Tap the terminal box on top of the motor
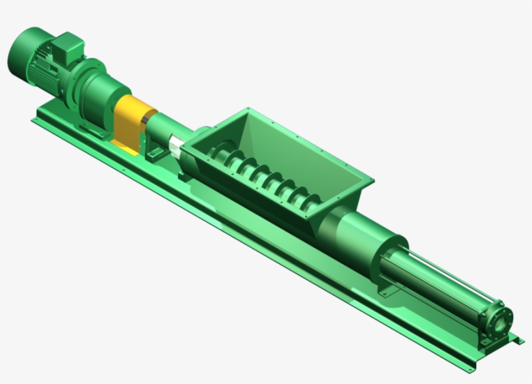pyautogui.click(x=66, y=45)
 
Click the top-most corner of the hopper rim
pyautogui.click(x=248, y=108)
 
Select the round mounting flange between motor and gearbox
pyautogui.click(x=80, y=81)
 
